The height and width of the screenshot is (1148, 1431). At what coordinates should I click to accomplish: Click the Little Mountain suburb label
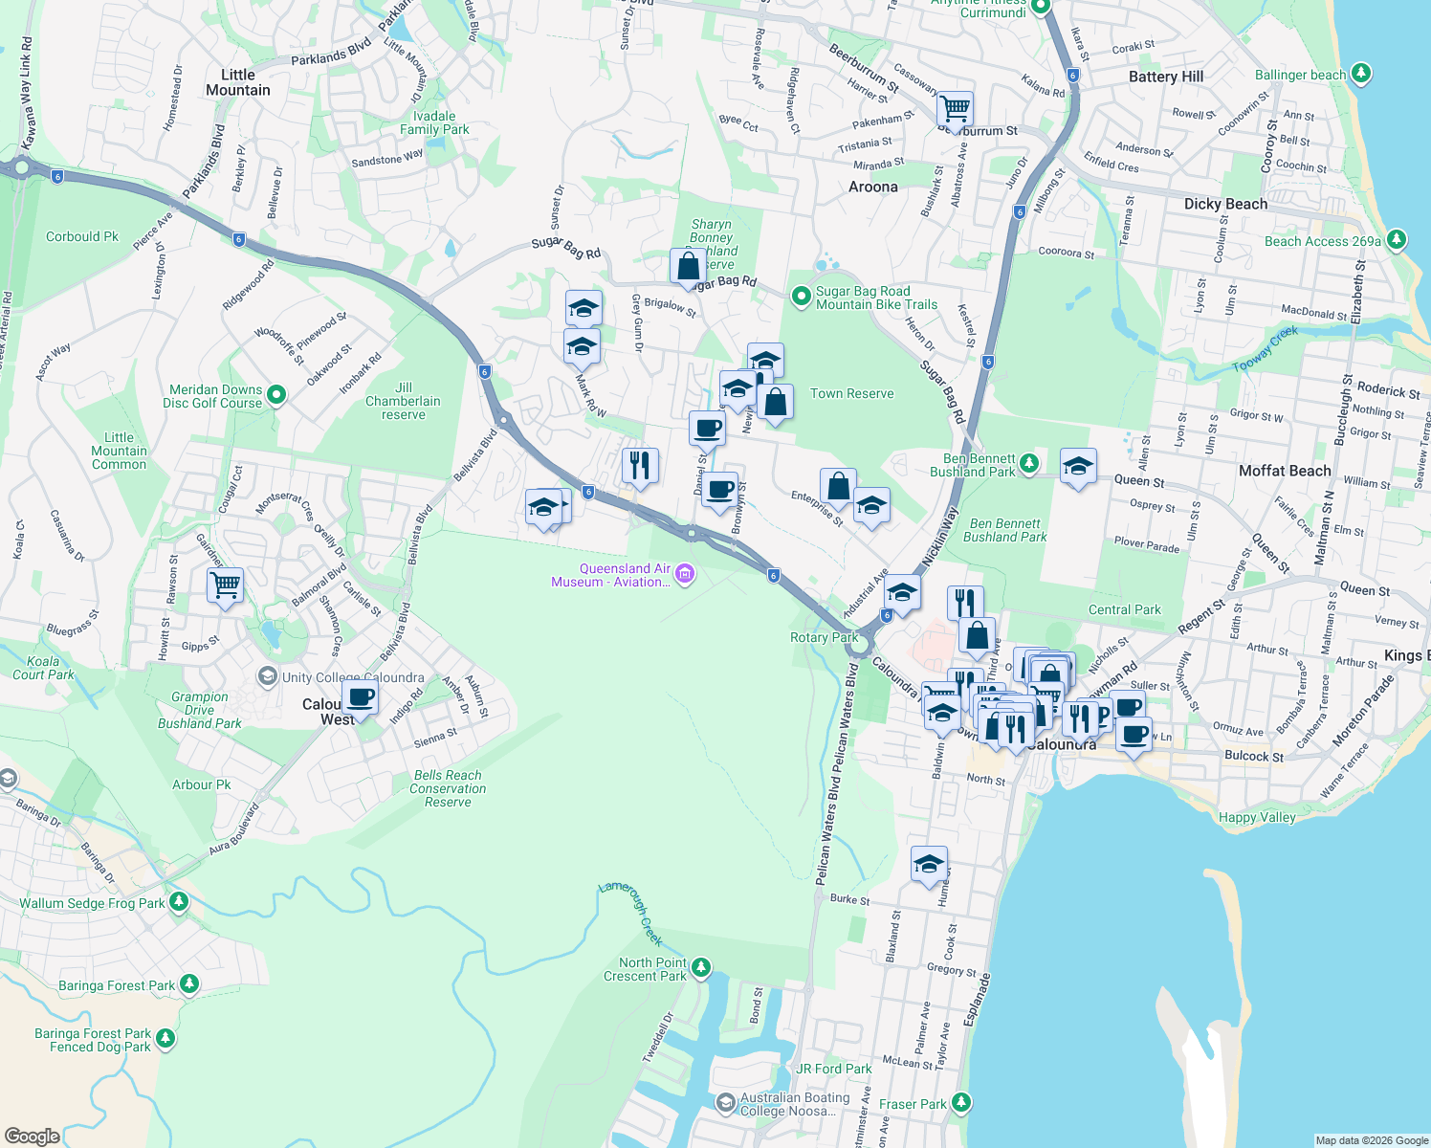(238, 82)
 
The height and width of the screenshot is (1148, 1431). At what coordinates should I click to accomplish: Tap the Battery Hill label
(1165, 77)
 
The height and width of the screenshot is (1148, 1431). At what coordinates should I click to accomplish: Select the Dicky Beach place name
(1225, 204)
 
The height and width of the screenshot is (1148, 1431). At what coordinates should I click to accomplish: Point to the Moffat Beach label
(1284, 471)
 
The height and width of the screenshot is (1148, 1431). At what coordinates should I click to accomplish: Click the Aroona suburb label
(872, 187)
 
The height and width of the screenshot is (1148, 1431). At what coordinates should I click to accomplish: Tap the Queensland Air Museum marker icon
(684, 575)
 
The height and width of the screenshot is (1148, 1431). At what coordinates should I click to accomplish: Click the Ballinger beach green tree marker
(1361, 74)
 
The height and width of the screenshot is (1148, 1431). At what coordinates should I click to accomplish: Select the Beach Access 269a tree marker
(1396, 240)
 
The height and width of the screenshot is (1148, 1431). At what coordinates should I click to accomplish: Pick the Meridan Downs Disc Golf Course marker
(276, 394)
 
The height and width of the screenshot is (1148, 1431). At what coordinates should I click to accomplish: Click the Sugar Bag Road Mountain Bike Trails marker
(801, 298)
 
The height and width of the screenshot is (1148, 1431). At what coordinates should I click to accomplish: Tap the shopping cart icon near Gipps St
(226, 585)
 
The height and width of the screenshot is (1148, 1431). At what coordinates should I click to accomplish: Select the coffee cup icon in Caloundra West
(361, 697)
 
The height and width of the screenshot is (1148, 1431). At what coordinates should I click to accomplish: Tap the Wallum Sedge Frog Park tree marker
(178, 902)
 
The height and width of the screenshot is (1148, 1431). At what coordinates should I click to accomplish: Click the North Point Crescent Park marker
(700, 968)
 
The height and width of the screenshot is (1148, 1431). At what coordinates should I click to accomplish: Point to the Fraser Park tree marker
(961, 1103)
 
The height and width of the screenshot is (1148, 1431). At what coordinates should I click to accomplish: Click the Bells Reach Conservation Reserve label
(448, 788)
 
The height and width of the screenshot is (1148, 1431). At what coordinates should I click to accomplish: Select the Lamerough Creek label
(631, 910)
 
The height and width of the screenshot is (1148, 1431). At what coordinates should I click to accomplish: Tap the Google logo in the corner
(32, 1136)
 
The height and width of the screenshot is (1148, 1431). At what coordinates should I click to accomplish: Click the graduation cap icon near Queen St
(1078, 467)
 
